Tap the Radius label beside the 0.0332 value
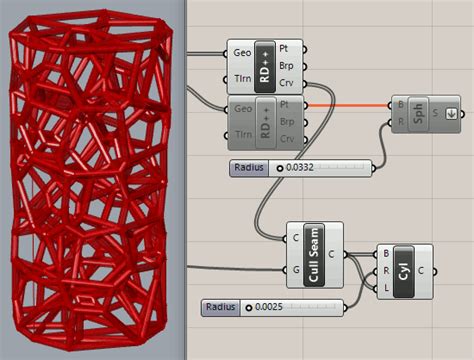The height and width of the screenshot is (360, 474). click(248, 168)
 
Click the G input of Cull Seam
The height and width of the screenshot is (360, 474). click(296, 270)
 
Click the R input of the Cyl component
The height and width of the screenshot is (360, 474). click(385, 271)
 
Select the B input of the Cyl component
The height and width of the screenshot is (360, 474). click(385, 254)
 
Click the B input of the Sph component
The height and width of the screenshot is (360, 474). click(401, 105)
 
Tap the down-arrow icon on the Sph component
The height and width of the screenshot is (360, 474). click(451, 112)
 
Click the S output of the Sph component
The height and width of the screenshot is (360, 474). click(437, 112)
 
